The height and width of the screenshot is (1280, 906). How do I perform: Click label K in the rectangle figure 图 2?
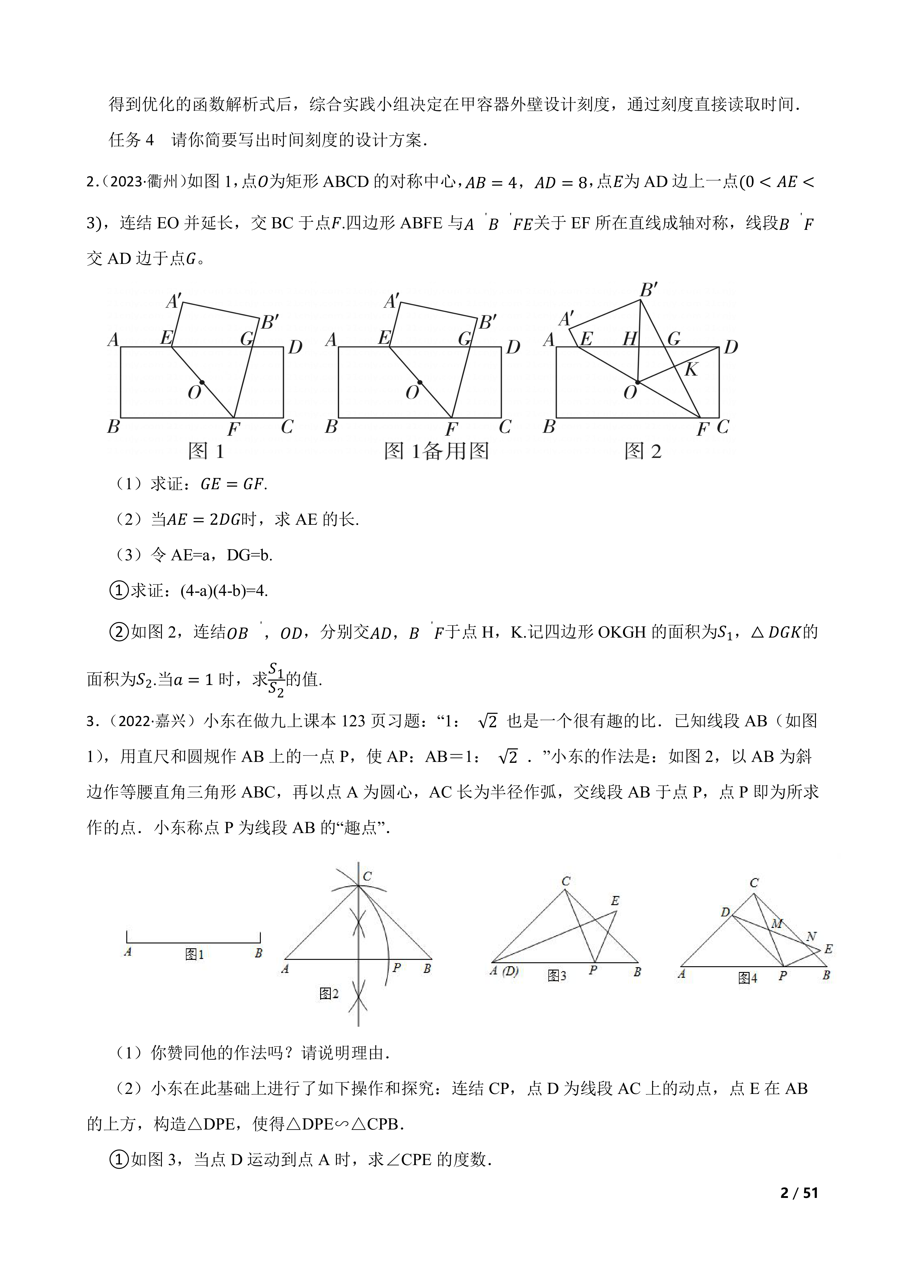click(x=691, y=369)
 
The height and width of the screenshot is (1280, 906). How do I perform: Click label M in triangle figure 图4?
click(x=777, y=924)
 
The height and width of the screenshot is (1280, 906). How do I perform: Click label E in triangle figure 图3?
click(x=615, y=901)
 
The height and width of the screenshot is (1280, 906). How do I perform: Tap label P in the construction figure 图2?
click(x=397, y=967)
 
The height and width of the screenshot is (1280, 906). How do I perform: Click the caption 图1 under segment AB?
click(x=194, y=955)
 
